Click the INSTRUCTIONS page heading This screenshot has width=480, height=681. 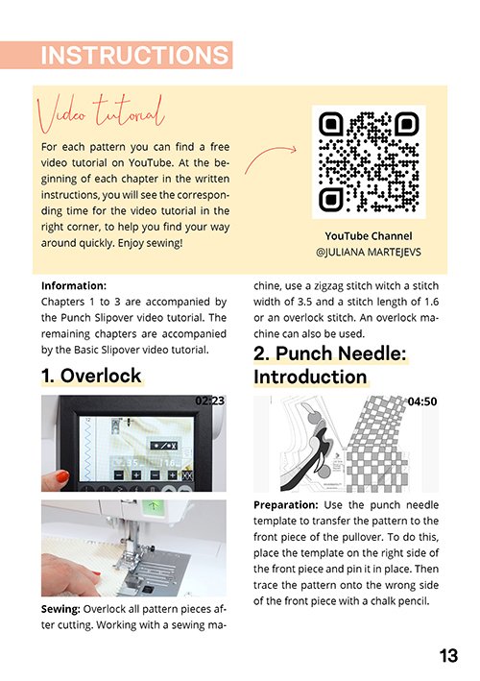click(134, 55)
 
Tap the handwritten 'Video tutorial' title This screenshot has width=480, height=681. click(101, 113)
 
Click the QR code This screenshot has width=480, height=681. click(369, 162)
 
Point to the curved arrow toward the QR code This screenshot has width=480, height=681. click(270, 158)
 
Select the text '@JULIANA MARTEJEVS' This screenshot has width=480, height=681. click(369, 252)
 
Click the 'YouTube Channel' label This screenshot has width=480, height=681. click(369, 236)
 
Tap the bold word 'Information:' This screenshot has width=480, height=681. click(74, 286)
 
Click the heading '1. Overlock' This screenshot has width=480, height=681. click(91, 376)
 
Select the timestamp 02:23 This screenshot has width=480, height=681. click(210, 401)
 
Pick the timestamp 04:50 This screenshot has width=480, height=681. click(422, 401)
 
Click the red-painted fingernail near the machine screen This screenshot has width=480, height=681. click(62, 476)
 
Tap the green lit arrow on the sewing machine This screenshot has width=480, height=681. click(153, 505)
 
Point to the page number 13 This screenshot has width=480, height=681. click(448, 655)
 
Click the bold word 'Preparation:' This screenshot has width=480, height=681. click(286, 505)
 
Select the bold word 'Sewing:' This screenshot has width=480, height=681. click(60, 609)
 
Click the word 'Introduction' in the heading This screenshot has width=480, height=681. click(310, 377)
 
